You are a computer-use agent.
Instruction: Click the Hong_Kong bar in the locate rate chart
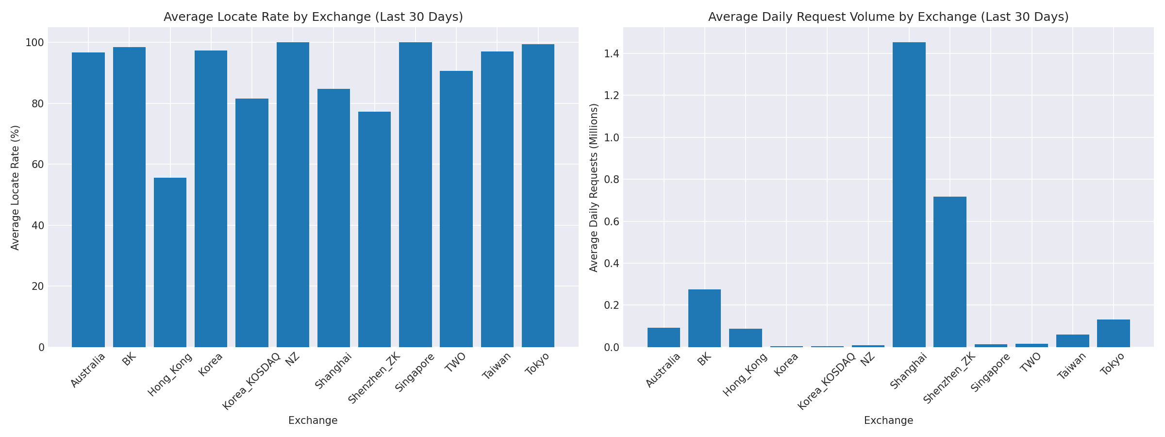point(170,262)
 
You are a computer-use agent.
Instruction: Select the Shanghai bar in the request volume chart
point(909,194)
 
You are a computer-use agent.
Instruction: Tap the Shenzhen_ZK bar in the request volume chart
point(949,272)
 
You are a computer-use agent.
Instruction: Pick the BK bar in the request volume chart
point(704,318)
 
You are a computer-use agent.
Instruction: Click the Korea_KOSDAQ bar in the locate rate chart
point(251,223)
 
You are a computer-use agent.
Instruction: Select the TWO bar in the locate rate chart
point(456,209)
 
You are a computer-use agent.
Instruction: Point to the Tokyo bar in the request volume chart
point(1113,333)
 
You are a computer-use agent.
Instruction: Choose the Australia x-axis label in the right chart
point(663,370)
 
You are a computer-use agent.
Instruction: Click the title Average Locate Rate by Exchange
point(313,17)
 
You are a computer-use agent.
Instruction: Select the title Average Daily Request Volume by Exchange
point(888,17)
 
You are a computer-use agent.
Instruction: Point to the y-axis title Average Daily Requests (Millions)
point(594,187)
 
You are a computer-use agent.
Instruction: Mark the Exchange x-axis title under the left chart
point(313,420)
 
